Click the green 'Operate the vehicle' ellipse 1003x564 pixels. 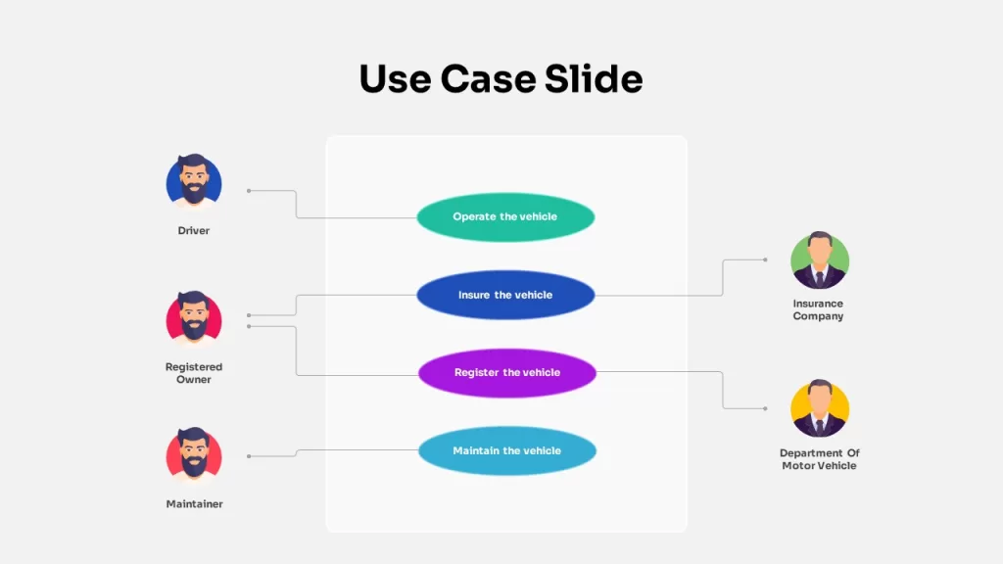tap(505, 216)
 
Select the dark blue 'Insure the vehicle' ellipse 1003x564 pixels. tap(505, 295)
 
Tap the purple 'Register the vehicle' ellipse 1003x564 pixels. tap(507, 373)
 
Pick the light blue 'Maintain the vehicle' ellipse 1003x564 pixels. tap(507, 450)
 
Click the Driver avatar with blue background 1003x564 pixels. tap(194, 181)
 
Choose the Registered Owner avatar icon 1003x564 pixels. tap(194, 318)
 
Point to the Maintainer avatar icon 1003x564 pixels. tap(194, 454)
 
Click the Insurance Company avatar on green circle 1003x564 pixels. tap(820, 259)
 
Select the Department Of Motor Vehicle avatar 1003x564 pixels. tap(820, 408)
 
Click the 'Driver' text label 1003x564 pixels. tap(194, 231)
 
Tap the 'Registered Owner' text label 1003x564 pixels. tap(194, 373)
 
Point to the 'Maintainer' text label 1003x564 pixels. tap(195, 504)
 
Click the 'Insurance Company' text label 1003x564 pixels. tap(818, 310)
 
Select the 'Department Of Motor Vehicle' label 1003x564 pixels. tap(820, 459)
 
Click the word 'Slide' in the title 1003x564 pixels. tap(594, 78)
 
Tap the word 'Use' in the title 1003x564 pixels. tap(395, 78)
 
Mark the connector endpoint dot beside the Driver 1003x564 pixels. tap(249, 191)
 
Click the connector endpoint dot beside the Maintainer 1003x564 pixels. tap(249, 456)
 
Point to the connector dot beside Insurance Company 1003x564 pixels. tap(765, 259)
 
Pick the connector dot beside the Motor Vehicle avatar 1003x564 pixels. tap(765, 408)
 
